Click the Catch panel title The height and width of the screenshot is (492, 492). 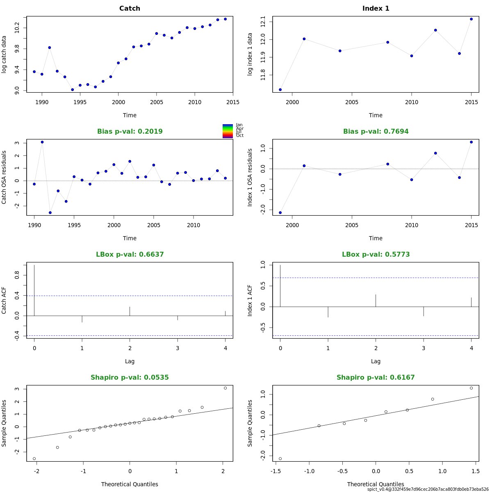tap(130, 9)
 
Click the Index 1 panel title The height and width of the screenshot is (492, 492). tap(376, 9)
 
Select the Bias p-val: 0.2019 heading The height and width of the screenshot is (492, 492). tap(130, 132)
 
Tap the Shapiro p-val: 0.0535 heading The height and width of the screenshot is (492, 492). tap(130, 378)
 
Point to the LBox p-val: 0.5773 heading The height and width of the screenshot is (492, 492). tap(376, 255)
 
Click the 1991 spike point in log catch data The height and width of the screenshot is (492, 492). tap(50, 48)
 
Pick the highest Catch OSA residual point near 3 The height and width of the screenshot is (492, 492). tap(42, 142)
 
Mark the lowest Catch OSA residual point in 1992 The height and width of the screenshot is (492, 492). tap(50, 212)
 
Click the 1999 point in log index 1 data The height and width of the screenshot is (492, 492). tap(280, 89)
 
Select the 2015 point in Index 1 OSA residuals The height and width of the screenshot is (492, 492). tap(471, 142)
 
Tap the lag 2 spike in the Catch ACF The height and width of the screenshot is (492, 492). tap(130, 311)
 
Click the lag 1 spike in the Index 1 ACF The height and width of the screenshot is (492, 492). tap(328, 312)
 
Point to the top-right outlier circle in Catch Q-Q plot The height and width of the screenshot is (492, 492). tap(225, 388)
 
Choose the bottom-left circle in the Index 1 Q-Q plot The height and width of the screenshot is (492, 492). tap(280, 458)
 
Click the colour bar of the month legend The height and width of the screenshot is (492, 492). tap(228, 131)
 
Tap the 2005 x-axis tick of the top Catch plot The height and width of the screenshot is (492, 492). tap(157, 102)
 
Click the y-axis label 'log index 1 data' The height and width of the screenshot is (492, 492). tap(250, 55)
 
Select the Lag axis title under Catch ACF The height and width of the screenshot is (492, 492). tap(130, 361)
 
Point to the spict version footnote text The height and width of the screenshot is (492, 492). tap(428, 489)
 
